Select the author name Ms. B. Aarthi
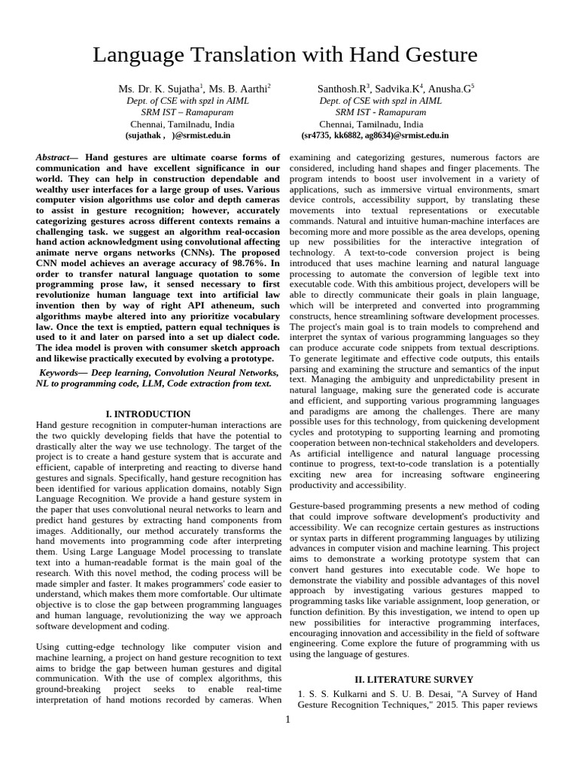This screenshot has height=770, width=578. tap(239, 89)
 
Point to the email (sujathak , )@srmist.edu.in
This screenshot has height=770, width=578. tap(178, 136)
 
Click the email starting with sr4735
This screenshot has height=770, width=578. tap(374, 136)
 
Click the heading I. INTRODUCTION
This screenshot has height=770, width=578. tap(147, 414)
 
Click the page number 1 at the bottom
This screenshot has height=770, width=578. tap(287, 720)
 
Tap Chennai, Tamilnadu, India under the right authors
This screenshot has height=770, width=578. tap(371, 124)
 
